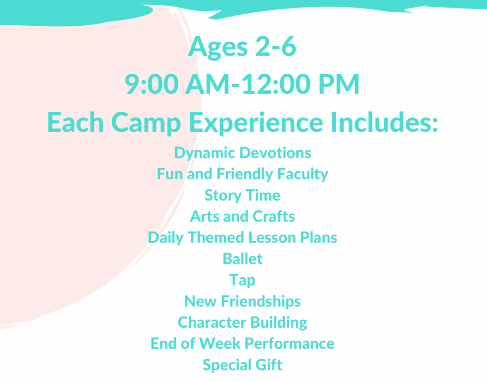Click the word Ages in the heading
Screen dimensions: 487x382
click(218, 47)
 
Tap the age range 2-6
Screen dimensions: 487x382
click(276, 46)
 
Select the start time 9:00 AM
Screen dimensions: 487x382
click(177, 84)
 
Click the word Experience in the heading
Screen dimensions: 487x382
click(256, 123)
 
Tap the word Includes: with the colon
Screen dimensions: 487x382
click(384, 122)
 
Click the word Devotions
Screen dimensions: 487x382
click(275, 153)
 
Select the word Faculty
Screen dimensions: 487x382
click(302, 175)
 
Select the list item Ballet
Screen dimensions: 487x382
click(243, 259)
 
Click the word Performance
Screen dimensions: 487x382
click(290, 343)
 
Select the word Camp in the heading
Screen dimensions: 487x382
click(146, 123)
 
